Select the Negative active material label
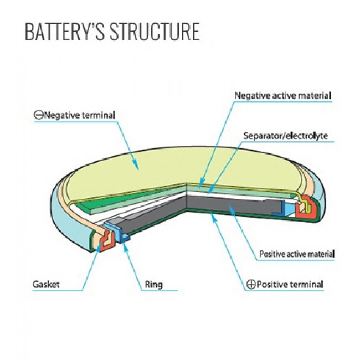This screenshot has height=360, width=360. tap(282, 95)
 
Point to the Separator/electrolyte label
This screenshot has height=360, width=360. tap(286, 135)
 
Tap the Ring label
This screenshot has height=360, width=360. tap(153, 285)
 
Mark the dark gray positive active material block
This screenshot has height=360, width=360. tap(233, 206)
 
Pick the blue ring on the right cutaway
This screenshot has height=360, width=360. tap(290, 208)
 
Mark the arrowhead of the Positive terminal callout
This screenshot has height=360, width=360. tap(212, 218)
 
